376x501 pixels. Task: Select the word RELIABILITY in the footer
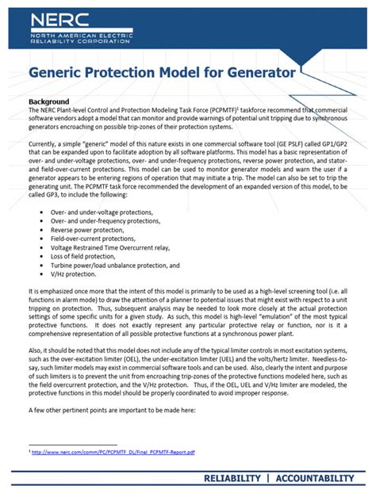tap(232, 478)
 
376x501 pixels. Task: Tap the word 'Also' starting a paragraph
tap(36, 350)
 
